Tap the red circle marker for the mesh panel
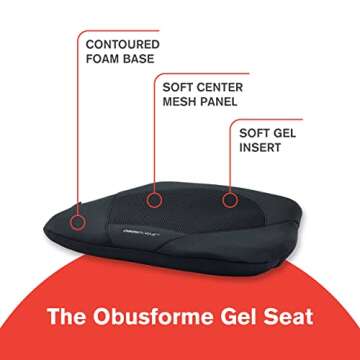click(153, 200)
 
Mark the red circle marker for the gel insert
click(230, 200)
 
